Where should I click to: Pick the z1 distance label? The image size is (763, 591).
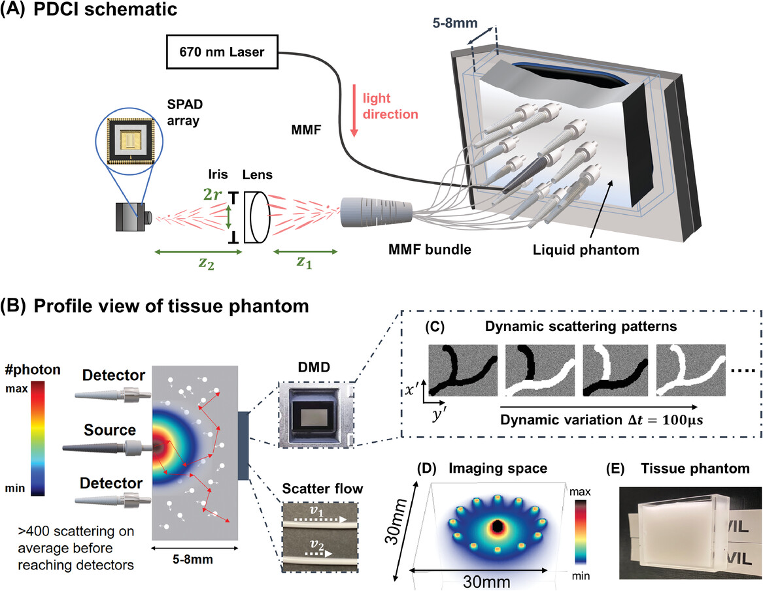305,261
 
